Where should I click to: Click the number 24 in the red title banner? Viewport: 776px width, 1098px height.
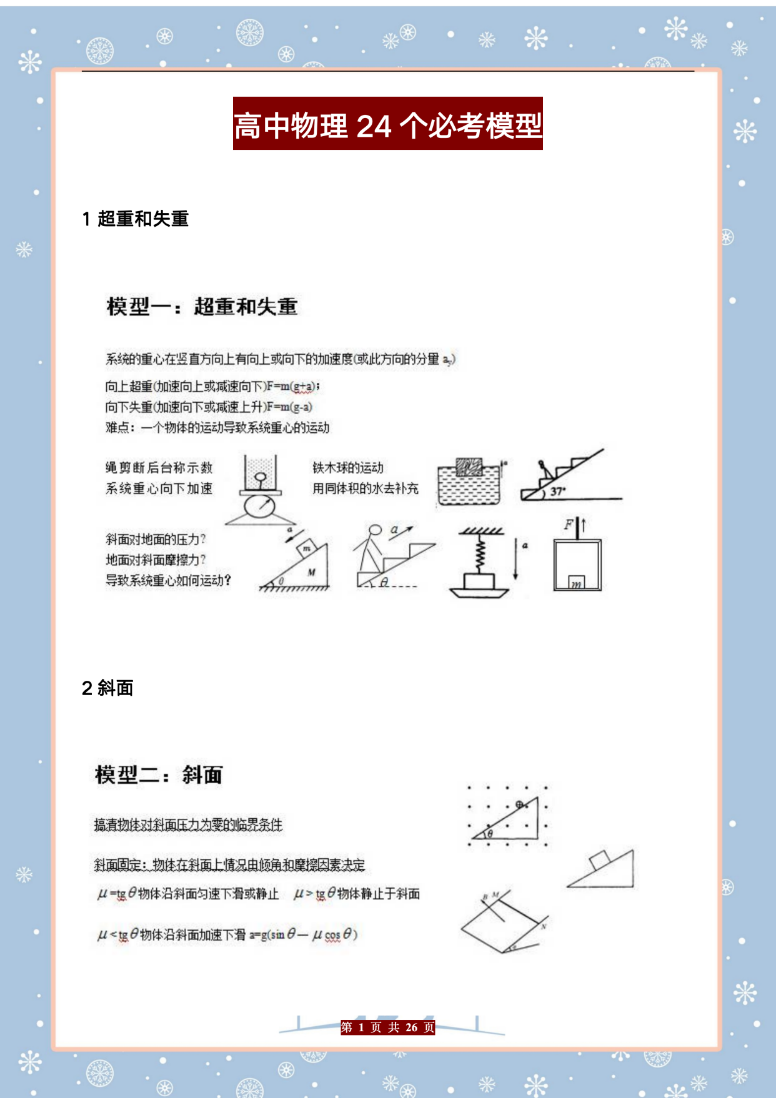pos(374,126)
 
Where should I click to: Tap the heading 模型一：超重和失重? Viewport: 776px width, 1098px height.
pos(202,307)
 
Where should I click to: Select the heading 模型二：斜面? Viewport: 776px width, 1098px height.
pos(158,775)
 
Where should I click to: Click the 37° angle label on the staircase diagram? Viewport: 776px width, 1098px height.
pos(557,492)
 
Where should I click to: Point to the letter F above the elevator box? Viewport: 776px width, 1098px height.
pos(569,525)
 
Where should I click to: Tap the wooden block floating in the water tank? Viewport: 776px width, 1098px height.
pos(469,467)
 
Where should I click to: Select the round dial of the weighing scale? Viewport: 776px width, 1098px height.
pos(259,505)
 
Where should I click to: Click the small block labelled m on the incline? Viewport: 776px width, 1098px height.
pos(307,548)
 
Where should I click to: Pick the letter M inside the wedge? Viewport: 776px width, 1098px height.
pos(311,572)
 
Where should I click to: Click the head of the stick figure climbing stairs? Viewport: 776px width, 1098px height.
pos(375,530)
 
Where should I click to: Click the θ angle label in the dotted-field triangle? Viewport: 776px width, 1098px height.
pos(490,833)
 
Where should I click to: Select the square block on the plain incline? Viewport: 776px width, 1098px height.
pos(599,860)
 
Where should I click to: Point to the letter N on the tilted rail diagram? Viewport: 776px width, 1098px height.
pos(544,926)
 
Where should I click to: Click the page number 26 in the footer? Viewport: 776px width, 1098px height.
pos(411,1027)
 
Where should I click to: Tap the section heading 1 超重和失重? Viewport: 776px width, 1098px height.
pos(136,219)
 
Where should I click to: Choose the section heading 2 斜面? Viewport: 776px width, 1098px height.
pos(107,688)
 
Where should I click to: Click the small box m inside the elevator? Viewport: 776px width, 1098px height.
pos(576,583)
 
